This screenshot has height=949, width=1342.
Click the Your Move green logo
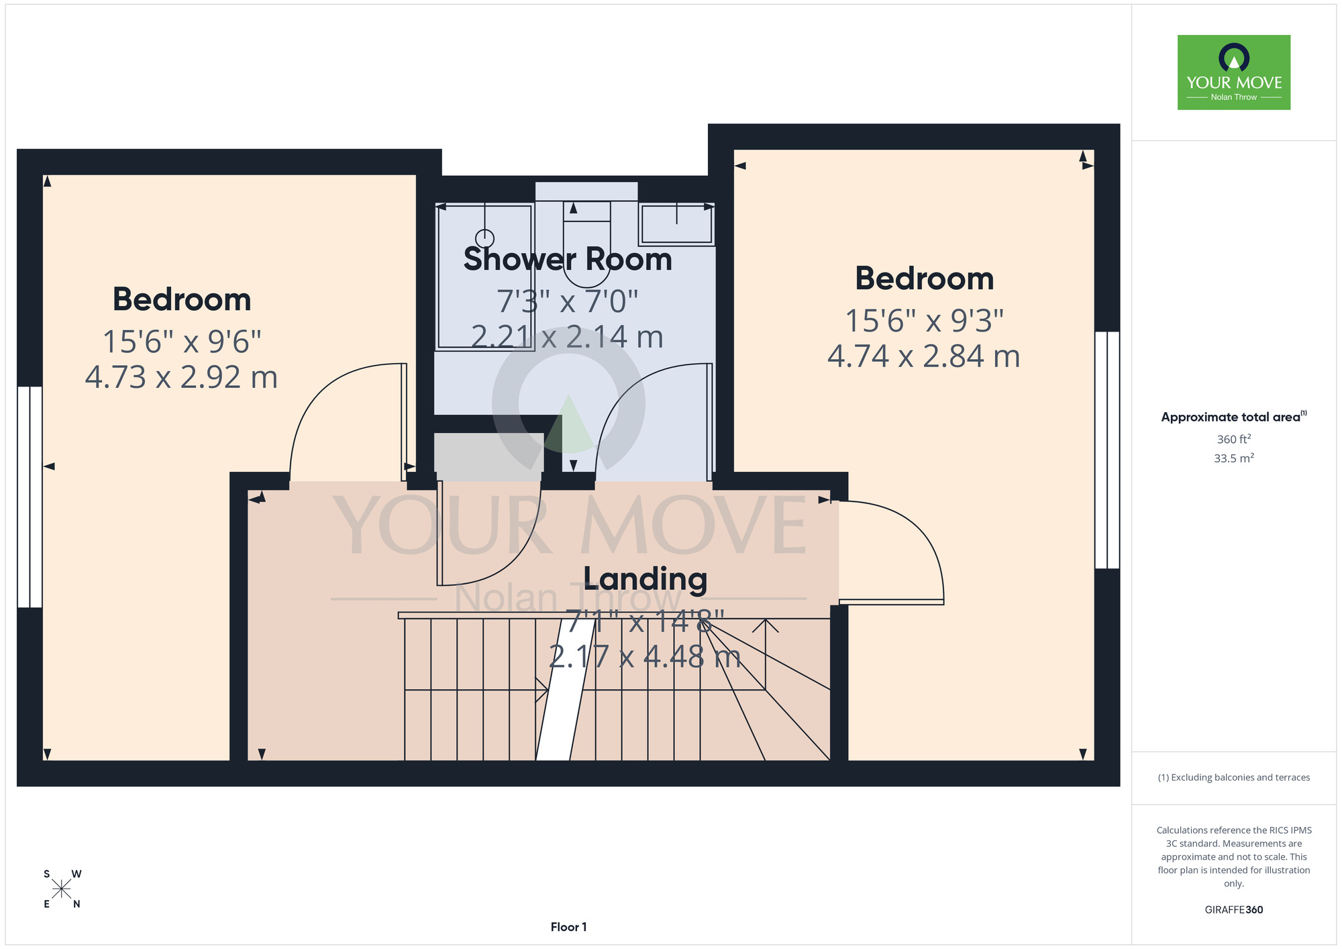click(x=1234, y=72)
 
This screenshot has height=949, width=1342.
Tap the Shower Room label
click(x=568, y=259)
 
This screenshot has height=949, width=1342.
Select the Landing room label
click(x=646, y=579)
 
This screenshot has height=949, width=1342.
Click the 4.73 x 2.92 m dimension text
click(x=181, y=377)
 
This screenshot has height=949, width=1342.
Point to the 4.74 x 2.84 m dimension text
click(x=924, y=356)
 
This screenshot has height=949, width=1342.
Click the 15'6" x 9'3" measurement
click(x=924, y=321)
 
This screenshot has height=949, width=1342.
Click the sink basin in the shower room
click(x=676, y=224)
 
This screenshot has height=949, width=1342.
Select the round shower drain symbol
click(x=484, y=238)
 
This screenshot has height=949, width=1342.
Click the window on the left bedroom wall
click(x=30, y=497)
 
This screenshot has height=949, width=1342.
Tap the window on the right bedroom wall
click(x=1107, y=450)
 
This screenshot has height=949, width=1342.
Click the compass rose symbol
click(x=62, y=889)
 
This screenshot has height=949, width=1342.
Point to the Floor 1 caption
click(x=568, y=927)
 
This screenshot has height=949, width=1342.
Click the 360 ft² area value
click(x=1234, y=439)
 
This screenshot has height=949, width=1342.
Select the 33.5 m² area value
click(x=1234, y=458)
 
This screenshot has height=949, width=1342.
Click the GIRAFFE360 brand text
click(x=1234, y=910)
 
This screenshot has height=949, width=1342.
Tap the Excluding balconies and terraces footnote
click(x=1234, y=777)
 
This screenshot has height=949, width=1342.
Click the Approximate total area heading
click(x=1234, y=417)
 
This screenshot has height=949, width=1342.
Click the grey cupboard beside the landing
click(x=488, y=452)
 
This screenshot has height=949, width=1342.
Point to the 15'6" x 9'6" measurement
click(x=181, y=342)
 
